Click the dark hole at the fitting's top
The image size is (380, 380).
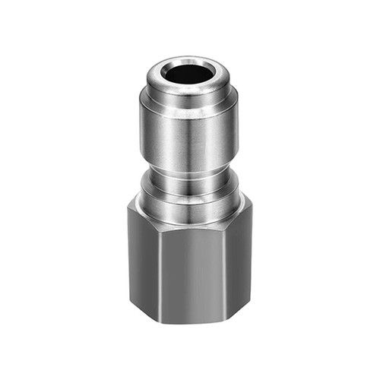coord(188,74)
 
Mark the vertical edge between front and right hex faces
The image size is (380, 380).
coord(231,266)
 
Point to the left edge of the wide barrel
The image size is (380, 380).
coord(141,129)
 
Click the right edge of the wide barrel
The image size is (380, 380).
coord(237,129)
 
